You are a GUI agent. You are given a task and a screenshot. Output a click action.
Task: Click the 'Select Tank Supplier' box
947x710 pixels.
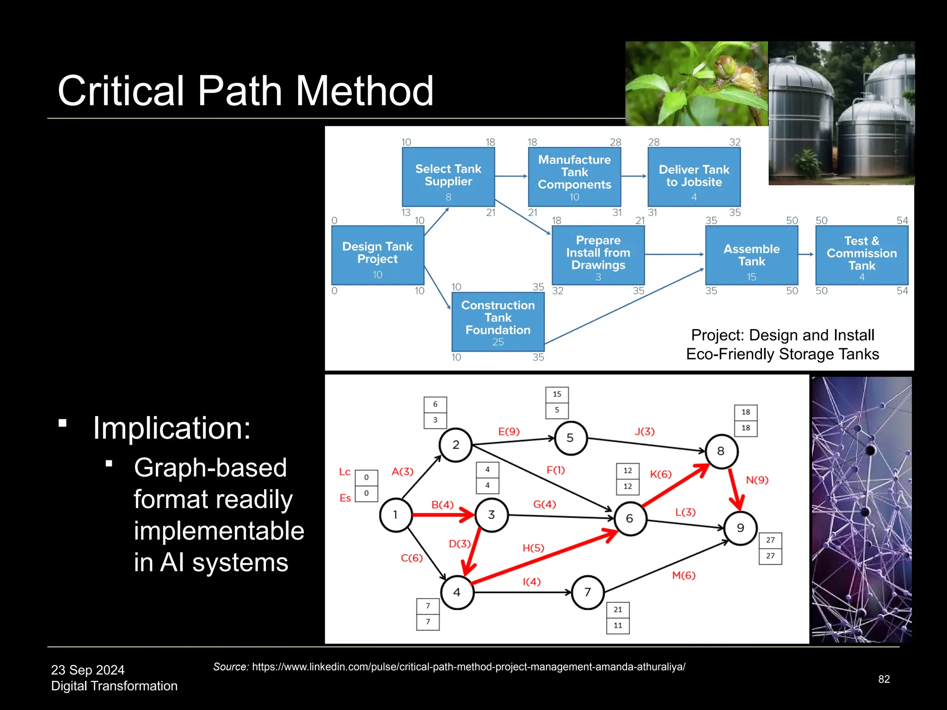coord(448,177)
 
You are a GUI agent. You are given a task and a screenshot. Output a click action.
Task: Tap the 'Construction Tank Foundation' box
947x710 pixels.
coord(498,322)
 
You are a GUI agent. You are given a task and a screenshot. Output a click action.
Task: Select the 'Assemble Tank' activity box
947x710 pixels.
coord(751,255)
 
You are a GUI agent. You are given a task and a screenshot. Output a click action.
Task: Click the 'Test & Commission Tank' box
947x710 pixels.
coord(861,255)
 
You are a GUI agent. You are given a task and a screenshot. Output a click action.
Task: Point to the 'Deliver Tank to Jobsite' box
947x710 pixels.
coord(694,177)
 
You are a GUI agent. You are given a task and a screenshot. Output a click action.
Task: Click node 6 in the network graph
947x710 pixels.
coord(629,519)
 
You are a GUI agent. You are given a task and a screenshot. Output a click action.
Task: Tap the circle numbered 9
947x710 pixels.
coord(740,528)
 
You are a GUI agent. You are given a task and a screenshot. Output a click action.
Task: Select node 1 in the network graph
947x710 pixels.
coord(395,515)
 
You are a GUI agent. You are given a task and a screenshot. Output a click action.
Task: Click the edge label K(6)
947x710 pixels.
coord(660,474)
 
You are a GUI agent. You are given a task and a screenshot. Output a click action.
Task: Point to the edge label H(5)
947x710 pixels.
coord(533,548)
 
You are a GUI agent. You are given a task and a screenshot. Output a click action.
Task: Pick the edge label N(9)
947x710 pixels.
coord(757,480)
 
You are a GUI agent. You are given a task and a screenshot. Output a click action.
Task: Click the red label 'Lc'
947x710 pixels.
coord(344,472)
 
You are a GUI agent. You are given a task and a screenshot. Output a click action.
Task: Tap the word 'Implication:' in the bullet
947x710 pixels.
coord(172,428)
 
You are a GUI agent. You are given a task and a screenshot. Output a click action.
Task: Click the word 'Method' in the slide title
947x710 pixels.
coord(364,91)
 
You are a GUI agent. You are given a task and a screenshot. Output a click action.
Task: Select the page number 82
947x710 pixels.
coord(884,679)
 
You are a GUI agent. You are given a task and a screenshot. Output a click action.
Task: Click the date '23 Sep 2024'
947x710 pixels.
coord(88,670)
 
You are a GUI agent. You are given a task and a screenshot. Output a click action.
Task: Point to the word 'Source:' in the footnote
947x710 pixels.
coord(231,667)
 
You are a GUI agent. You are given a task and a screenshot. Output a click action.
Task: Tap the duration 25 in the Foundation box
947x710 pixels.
coord(498,342)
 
